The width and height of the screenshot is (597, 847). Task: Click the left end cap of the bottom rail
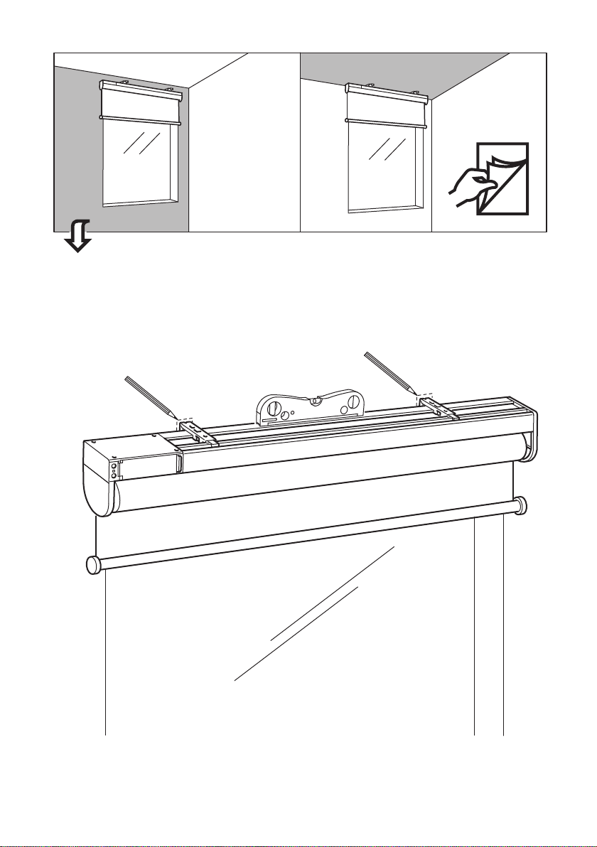click(x=92, y=564)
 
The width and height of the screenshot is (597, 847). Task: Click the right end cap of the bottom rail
click(x=523, y=506)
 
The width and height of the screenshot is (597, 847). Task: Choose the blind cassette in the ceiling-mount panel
click(x=386, y=99)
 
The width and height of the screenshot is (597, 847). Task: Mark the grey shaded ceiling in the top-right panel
click(x=426, y=71)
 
